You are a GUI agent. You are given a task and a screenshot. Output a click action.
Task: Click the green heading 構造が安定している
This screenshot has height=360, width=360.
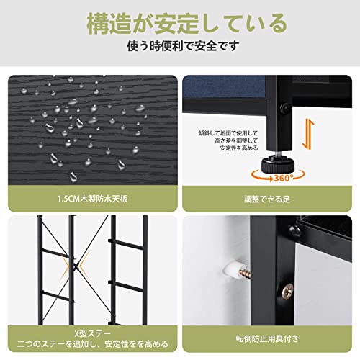[x=187, y=24]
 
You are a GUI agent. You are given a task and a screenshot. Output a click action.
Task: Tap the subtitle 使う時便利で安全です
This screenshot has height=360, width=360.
[x=184, y=46]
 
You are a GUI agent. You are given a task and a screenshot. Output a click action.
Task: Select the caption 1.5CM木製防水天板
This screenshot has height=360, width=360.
[x=93, y=199]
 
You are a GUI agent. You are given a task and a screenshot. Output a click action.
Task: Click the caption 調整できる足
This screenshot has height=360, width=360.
[x=267, y=199]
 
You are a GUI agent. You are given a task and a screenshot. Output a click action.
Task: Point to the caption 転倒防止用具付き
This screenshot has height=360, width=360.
[x=267, y=339]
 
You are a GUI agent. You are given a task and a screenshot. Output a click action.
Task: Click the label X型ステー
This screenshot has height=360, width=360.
[x=93, y=333]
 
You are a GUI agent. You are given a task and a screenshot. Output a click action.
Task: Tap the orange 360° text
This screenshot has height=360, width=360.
[x=284, y=178]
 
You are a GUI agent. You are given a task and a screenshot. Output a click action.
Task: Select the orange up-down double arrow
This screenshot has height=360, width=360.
[x=308, y=134]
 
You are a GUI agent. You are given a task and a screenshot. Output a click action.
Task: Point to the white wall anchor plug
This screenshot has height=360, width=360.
[x=231, y=271]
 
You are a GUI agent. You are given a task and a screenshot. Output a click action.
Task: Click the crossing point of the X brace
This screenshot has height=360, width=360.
[x=76, y=265]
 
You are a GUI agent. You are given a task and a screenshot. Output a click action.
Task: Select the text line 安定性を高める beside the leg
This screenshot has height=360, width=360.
[x=239, y=148]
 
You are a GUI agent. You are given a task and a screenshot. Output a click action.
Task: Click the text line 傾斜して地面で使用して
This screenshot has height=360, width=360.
[x=228, y=133]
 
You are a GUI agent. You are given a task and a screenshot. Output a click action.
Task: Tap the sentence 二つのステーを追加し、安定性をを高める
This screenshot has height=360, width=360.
[x=93, y=344]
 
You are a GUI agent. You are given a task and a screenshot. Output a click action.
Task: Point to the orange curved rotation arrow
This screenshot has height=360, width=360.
[x=278, y=176]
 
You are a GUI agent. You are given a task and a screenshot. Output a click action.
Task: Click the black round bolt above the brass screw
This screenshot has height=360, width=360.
[x=294, y=231]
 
